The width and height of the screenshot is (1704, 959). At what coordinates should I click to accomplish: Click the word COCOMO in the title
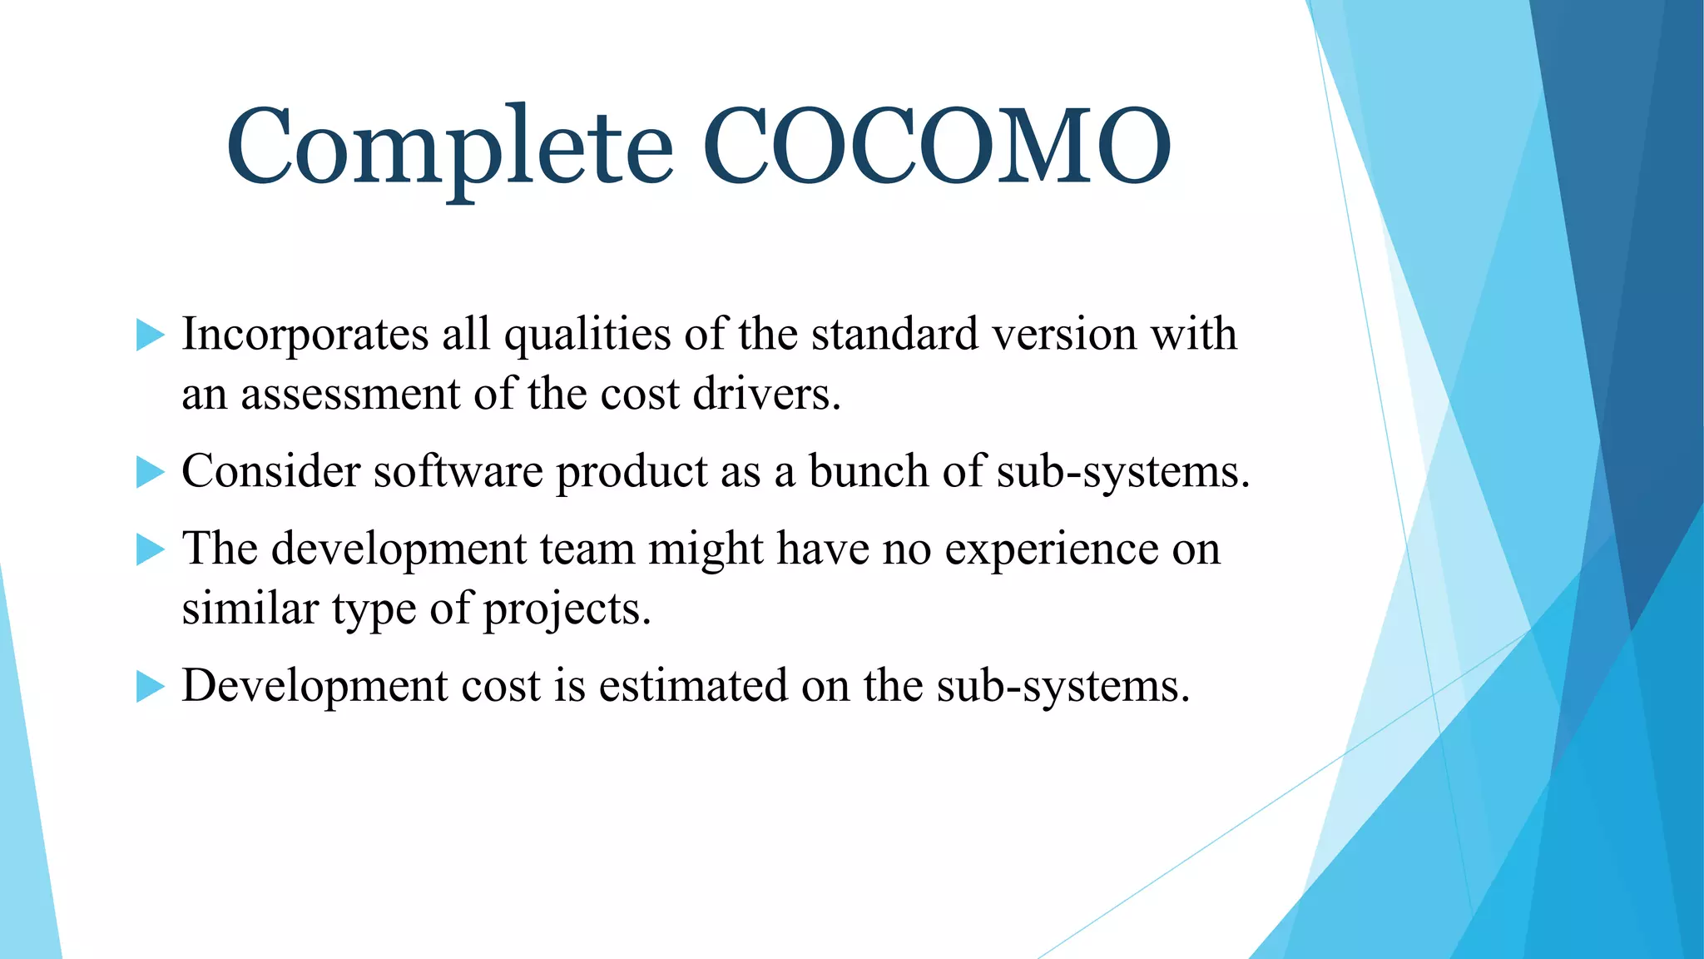click(938, 147)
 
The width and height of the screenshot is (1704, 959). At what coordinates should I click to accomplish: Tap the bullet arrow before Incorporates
click(151, 335)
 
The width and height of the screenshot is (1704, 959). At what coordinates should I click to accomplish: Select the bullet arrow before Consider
click(151, 472)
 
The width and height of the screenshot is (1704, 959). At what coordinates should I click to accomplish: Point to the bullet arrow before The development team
click(151, 549)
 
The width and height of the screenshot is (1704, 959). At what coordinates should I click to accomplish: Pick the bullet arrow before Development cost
click(151, 687)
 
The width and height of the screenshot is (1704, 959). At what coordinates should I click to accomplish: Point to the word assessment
click(350, 395)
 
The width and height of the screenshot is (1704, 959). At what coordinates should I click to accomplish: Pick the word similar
click(250, 609)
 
